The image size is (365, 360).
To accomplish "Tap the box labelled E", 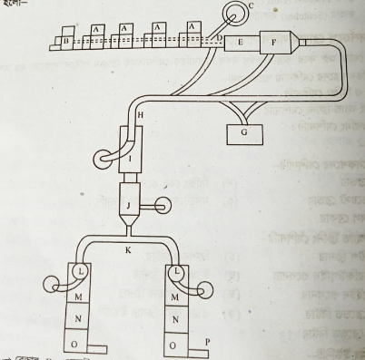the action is [240, 42].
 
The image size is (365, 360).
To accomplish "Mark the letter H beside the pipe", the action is [139, 116].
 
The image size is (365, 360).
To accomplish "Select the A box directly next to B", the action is [95, 36].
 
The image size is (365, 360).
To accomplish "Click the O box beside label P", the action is [173, 345].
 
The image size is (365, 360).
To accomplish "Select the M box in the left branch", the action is [74, 297].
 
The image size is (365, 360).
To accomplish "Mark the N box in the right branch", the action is [173, 319].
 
